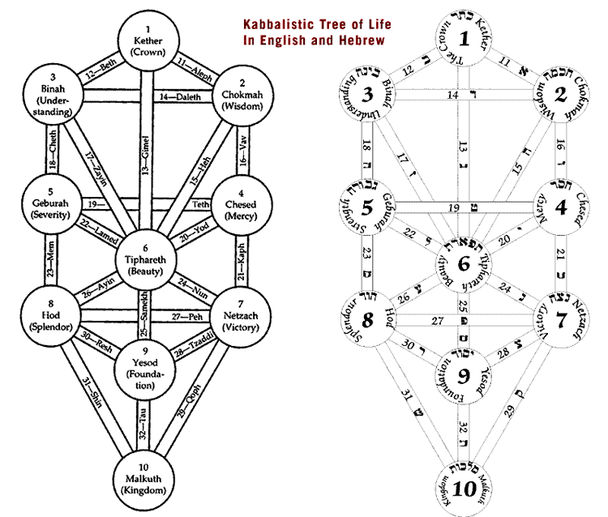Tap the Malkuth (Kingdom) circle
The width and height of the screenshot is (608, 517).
(x=144, y=481)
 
